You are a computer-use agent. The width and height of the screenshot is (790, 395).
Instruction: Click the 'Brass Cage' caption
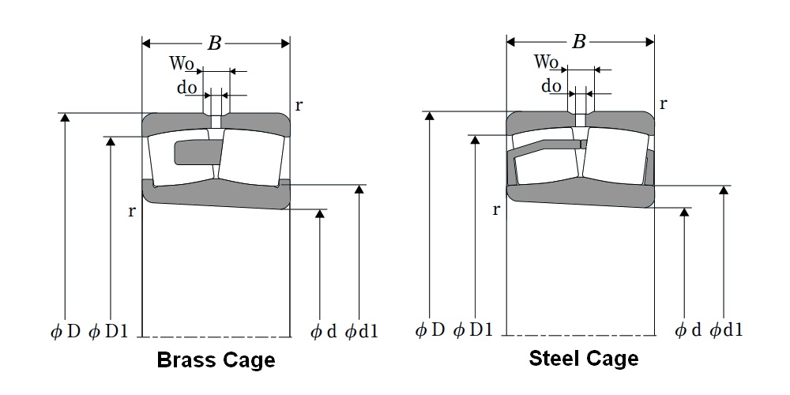coord(216,361)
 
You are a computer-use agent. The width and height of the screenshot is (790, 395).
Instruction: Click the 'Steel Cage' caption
coord(583,359)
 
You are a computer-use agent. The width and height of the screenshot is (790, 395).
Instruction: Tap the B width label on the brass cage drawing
coord(214,43)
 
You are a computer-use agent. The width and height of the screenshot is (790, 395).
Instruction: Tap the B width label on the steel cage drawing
coord(579,42)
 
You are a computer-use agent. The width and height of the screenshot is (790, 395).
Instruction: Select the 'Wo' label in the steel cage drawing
coord(546,62)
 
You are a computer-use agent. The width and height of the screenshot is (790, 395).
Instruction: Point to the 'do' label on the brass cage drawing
coord(186,88)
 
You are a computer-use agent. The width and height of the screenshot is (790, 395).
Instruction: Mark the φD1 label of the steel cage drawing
coord(473,330)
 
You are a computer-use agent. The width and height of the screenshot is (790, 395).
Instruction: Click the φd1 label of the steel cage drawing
coord(726,330)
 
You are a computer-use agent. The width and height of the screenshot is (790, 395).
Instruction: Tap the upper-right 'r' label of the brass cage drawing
coord(299,104)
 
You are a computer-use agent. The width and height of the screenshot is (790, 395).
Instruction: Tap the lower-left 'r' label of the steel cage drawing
coord(495,209)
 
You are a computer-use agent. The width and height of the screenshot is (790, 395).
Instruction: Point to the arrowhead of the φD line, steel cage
coord(429,116)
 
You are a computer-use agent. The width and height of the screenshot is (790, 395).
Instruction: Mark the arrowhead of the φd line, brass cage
coord(320,216)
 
